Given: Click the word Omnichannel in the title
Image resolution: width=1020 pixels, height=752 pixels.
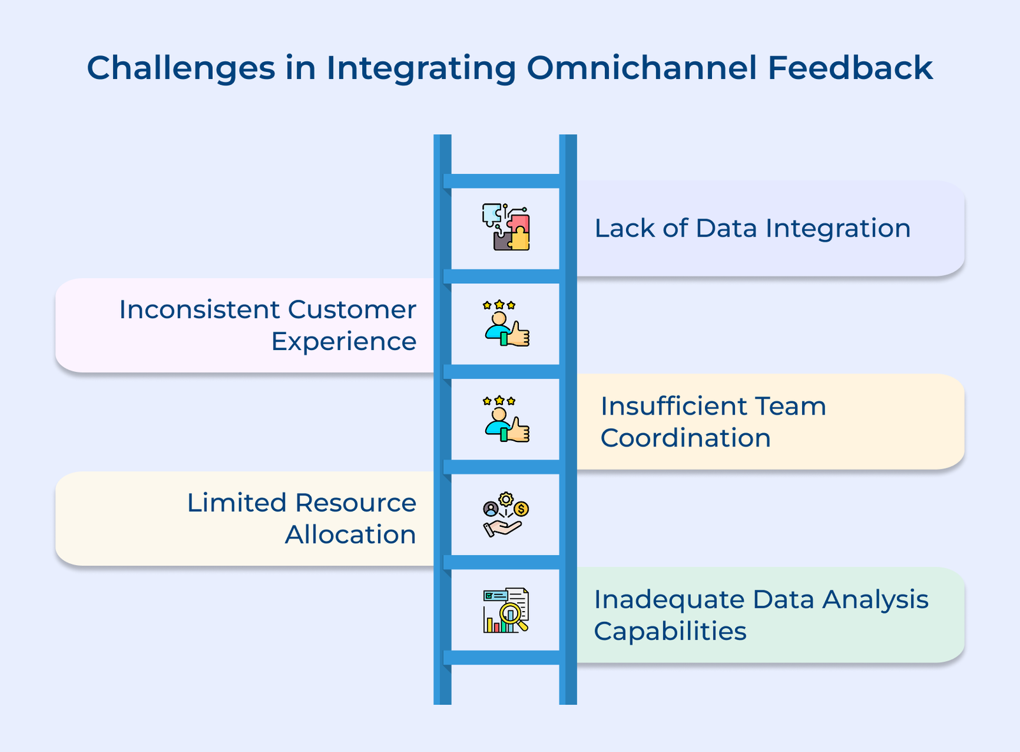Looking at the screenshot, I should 641,68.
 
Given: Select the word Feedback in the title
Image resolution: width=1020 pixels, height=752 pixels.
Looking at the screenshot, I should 850,68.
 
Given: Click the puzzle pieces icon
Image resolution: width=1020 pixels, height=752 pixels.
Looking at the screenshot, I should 506,227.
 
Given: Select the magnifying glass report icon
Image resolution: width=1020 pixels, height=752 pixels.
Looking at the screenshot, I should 506,610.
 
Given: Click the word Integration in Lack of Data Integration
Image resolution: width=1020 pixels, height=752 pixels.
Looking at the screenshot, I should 838,228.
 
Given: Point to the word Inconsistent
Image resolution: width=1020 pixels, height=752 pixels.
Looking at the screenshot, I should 199,310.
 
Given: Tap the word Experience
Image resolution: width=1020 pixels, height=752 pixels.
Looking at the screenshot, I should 344,342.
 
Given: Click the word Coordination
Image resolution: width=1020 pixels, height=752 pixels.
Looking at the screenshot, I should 685,438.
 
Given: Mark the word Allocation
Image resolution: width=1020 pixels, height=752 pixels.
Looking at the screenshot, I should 351,535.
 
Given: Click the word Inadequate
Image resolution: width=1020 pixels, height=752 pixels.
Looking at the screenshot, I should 669,600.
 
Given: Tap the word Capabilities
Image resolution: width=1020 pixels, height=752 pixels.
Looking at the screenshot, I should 670,631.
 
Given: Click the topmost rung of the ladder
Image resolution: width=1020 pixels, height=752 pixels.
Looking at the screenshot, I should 505,181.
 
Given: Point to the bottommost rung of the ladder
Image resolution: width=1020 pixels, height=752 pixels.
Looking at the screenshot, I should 505,658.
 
